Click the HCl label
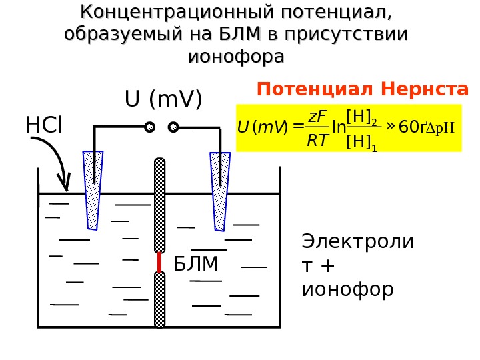(x=43, y=125)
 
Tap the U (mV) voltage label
(x=163, y=99)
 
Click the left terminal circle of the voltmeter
(x=149, y=127)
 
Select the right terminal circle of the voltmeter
(x=173, y=127)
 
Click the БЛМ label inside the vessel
(x=196, y=265)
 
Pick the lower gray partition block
(x=159, y=299)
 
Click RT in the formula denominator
(x=317, y=140)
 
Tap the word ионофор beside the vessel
(x=347, y=290)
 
